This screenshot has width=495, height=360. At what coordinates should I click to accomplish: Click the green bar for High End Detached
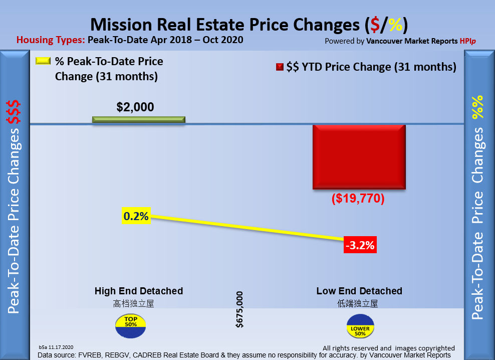(138, 119)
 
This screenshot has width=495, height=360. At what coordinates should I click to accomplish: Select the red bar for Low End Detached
(359, 157)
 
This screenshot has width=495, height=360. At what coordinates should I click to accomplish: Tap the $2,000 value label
(135, 107)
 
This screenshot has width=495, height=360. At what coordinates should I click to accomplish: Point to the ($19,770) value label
(358, 199)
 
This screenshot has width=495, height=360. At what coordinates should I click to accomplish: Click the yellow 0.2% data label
(136, 217)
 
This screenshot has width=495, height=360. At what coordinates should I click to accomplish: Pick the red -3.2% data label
(359, 246)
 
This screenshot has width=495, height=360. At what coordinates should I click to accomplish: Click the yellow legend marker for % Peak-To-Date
(43, 61)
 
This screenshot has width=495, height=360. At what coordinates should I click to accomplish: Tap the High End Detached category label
(139, 291)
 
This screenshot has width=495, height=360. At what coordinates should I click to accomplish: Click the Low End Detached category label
(359, 291)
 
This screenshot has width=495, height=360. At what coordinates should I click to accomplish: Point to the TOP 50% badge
(130, 325)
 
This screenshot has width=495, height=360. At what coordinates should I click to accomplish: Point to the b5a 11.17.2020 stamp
(56, 347)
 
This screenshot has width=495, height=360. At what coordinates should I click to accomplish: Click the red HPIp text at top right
(467, 41)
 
